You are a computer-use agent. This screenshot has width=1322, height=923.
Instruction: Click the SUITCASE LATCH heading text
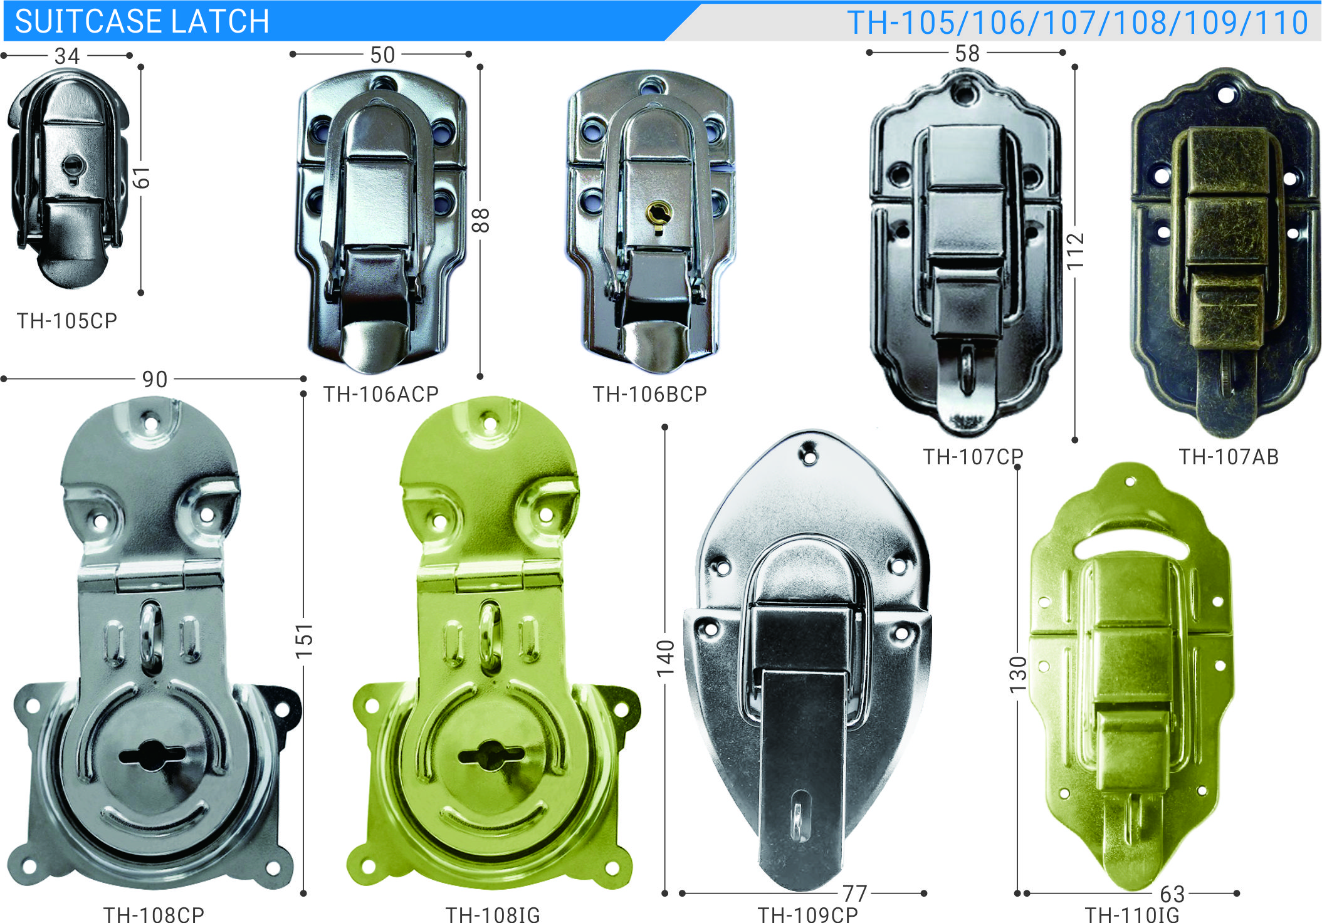142,22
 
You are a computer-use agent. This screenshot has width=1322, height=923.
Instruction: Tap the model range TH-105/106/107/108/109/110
1077,23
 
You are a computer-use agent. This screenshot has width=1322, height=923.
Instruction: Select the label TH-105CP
67,321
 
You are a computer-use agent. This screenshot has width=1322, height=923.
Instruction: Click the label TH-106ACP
380,394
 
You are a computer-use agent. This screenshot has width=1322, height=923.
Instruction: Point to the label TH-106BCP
649,394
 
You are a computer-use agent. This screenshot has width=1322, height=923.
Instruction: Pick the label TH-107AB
1228,457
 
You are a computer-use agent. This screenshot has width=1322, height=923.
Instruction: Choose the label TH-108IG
492,914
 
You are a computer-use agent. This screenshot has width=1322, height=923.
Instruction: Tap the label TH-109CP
807,914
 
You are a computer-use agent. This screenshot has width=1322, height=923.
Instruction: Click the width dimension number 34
67,56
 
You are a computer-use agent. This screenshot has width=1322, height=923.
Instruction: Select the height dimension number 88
481,221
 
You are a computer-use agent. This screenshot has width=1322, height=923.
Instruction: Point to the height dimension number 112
1076,251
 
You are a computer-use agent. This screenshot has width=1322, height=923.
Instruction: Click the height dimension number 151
304,640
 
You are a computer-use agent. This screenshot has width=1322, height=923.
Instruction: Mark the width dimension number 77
854,893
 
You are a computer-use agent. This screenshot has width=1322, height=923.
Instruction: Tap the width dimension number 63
1172,894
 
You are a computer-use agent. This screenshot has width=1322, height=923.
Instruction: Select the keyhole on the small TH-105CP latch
73,167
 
